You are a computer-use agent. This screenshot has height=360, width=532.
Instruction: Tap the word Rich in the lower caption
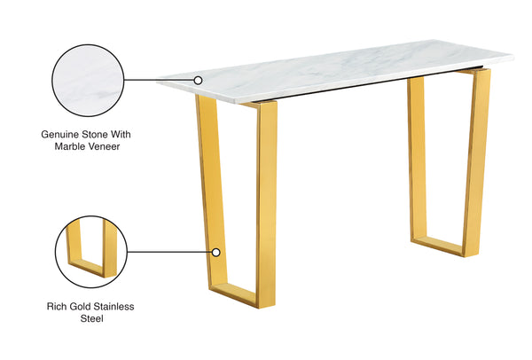tap(54, 306)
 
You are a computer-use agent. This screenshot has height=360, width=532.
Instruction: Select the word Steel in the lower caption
tap(89, 318)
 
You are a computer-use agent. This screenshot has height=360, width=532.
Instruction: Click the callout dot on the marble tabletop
tap(199, 80)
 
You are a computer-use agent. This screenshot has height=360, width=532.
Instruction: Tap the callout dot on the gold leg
tap(215, 252)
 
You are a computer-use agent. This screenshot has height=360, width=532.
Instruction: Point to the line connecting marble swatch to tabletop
tap(160, 80)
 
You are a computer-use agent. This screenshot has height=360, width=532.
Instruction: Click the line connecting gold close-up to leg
tap(168, 252)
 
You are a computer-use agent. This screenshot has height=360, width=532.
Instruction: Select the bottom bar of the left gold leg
tap(241, 297)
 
